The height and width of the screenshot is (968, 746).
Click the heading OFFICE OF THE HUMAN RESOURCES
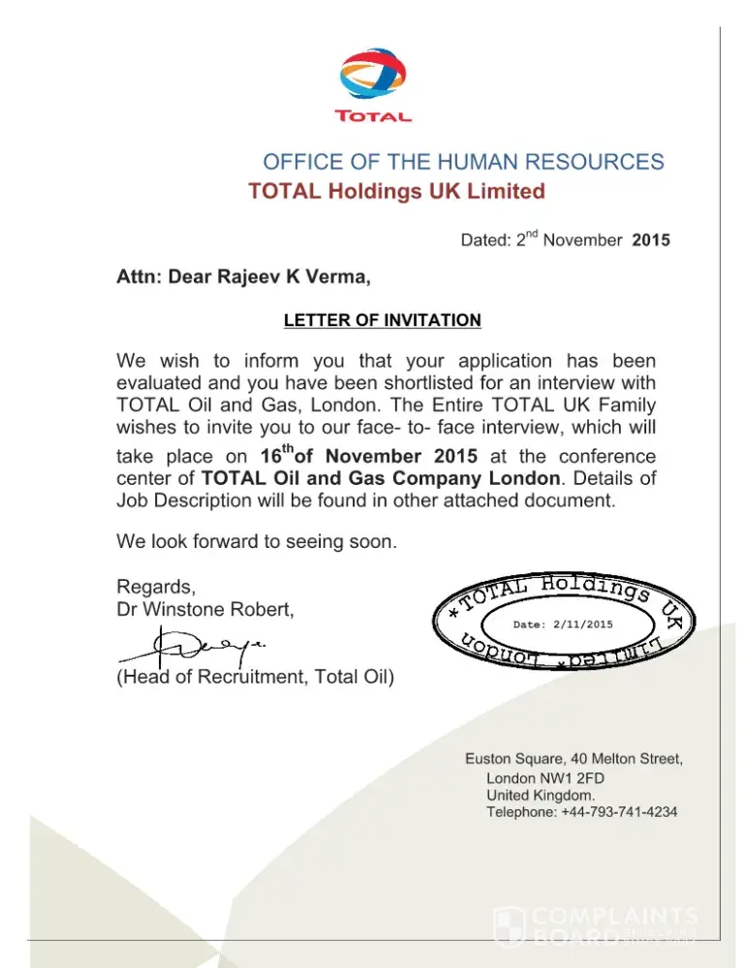(x=463, y=162)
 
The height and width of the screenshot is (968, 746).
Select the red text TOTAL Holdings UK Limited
(x=396, y=192)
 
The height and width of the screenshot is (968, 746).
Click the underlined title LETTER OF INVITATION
(x=382, y=320)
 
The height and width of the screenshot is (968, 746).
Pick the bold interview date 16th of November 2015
(x=369, y=455)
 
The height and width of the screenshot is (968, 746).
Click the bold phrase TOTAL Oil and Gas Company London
(x=380, y=478)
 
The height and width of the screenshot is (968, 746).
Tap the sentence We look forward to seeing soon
(x=256, y=541)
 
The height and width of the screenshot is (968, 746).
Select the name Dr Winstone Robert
(x=204, y=610)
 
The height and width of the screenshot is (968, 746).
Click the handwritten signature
(x=194, y=644)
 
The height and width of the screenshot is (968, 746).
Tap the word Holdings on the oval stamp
(x=586, y=588)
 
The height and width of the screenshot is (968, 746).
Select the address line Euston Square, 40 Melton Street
(x=575, y=758)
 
